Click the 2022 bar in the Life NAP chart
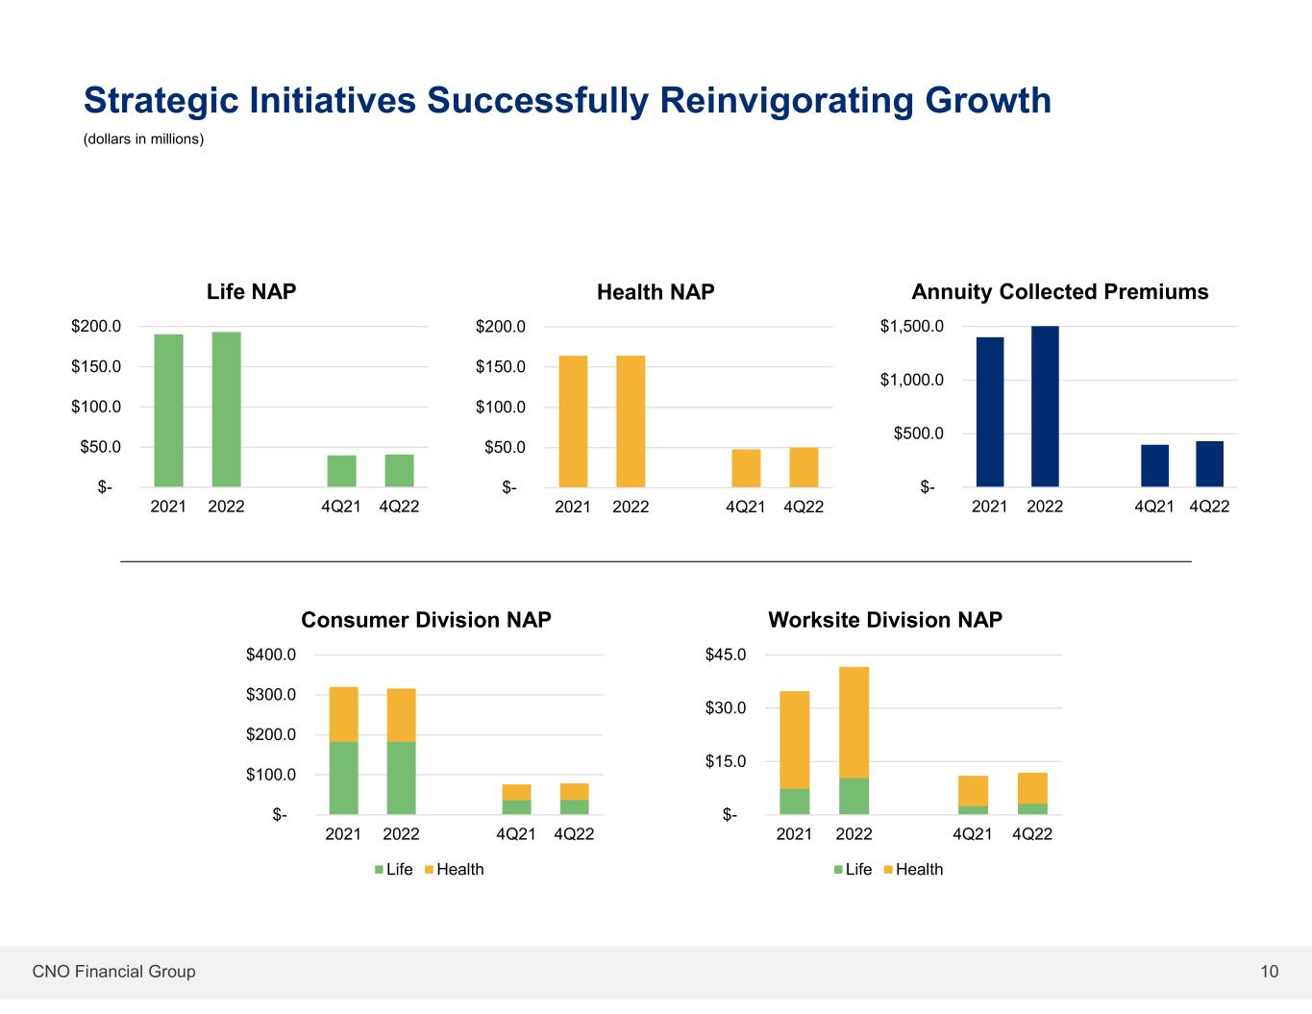click(x=226, y=409)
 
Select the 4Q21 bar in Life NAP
click(x=341, y=471)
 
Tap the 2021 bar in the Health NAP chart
click(x=573, y=421)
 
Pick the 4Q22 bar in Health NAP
click(x=804, y=467)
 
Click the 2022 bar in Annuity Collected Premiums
click(x=1045, y=407)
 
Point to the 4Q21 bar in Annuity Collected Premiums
click(x=1154, y=466)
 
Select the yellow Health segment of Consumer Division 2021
click(x=343, y=714)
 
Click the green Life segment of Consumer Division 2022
click(x=401, y=778)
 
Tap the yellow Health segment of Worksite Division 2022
click(x=854, y=722)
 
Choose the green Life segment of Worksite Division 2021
click(x=794, y=802)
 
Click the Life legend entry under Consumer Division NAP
click(x=393, y=870)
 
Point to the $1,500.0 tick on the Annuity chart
click(x=911, y=327)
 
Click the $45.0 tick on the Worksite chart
click(x=728, y=655)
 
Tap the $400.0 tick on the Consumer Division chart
click(x=271, y=655)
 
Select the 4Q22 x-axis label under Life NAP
click(x=399, y=506)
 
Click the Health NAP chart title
click(x=656, y=292)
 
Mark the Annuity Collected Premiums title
click(x=1059, y=292)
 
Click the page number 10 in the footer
click(x=1270, y=972)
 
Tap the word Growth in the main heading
click(x=988, y=100)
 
